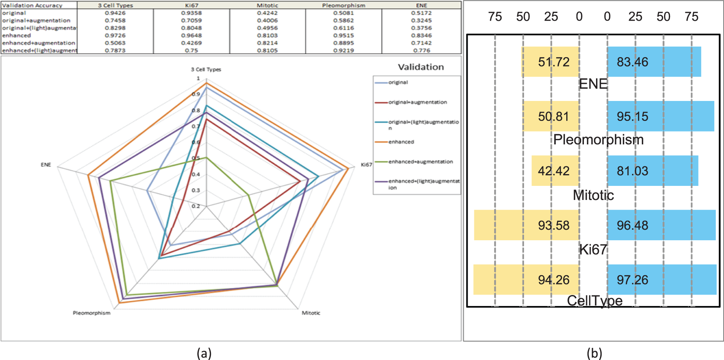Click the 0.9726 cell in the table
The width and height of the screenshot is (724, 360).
[115, 36]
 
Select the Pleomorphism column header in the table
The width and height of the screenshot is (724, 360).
[344, 5]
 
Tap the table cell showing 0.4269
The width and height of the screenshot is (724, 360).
[191, 43]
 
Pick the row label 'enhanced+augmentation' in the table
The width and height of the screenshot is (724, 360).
[38, 43]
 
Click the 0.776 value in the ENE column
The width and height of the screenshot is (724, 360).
[421, 50]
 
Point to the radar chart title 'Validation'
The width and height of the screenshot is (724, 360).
[421, 67]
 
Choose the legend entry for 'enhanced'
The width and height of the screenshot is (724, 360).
[401, 142]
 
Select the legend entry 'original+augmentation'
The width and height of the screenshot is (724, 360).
[417, 102]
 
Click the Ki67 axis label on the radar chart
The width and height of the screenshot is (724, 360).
[366, 165]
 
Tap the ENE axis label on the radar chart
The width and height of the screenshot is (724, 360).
[46, 165]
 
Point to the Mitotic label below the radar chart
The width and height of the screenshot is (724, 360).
[311, 313]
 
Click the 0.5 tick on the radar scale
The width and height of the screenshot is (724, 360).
[196, 158]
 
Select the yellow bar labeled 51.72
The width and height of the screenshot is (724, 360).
[550, 62]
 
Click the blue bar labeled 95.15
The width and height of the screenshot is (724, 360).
[661, 116]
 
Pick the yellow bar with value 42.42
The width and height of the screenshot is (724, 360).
[555, 171]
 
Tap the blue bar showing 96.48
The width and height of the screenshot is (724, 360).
[661, 225]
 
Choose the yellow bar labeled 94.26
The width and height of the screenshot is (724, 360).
[526, 279]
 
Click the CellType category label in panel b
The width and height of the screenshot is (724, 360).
[594, 301]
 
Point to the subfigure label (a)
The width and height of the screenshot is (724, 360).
[204, 353]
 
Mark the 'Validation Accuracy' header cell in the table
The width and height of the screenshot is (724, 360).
[32, 5]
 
